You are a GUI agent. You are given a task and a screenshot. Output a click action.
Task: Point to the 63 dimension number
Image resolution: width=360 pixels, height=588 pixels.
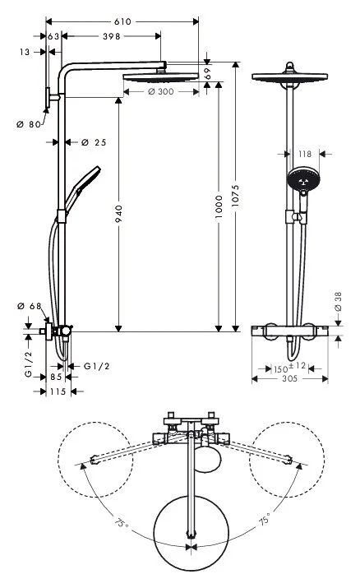tap(53, 36)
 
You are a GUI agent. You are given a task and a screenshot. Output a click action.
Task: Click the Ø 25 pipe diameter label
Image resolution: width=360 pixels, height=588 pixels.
tap(95, 142)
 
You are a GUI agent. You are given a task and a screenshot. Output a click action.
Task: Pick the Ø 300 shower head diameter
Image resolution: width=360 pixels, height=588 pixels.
tap(162, 91)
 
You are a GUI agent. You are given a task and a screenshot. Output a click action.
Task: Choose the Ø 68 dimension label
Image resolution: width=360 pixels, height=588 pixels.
tap(29, 307)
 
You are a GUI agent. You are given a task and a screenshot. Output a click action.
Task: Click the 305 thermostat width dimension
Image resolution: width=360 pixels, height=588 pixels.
tap(289, 379)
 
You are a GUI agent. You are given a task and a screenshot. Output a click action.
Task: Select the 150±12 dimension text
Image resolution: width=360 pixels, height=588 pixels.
tap(289, 366)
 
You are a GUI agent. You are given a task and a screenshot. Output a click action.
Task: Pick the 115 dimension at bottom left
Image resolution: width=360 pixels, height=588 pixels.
tap(58, 391)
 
